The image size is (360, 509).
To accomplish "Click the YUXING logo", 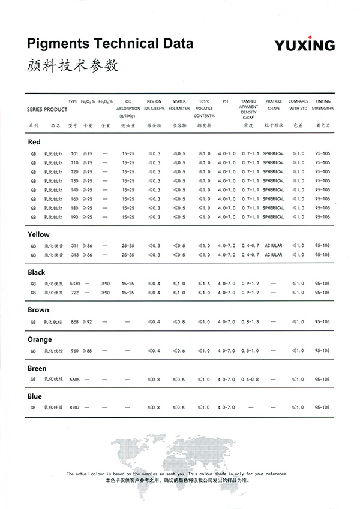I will click(x=305, y=46).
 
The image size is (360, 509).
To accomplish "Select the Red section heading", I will click(x=34, y=142).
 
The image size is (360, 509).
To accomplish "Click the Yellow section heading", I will click(x=38, y=234).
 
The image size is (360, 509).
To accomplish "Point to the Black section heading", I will click(x=37, y=272).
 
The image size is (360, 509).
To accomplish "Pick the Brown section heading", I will click(x=38, y=310).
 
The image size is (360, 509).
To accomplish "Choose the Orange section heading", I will click(x=40, y=339).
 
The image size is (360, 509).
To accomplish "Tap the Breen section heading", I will click(x=37, y=368).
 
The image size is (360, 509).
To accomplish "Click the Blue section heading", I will click(x=35, y=396).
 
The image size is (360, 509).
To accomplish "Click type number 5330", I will click(x=74, y=283).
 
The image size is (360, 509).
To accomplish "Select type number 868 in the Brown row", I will click(x=74, y=322).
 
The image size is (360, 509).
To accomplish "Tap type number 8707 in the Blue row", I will click(x=74, y=408).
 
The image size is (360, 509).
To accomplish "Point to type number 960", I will click(x=74, y=350).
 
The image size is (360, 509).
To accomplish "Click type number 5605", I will click(x=74, y=379).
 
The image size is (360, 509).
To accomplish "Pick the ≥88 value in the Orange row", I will click(x=88, y=350).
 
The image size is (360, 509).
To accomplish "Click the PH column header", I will click(x=226, y=101).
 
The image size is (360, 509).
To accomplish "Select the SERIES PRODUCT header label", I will click(x=47, y=110).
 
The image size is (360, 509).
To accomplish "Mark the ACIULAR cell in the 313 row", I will click(x=273, y=255).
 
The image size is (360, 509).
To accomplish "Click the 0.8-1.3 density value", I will click(x=250, y=322).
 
